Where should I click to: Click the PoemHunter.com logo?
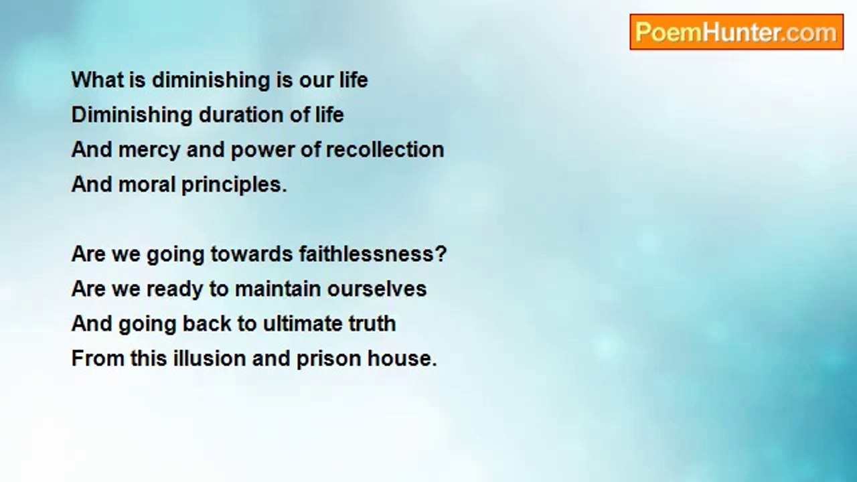736,32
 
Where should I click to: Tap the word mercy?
149,149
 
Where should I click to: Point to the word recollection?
385,149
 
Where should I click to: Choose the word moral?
147,184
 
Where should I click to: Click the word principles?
234,185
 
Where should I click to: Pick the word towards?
252,254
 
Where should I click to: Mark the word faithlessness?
373,254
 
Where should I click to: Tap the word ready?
175,289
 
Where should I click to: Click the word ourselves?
377,289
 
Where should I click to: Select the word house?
402,359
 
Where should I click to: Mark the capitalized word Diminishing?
132,115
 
